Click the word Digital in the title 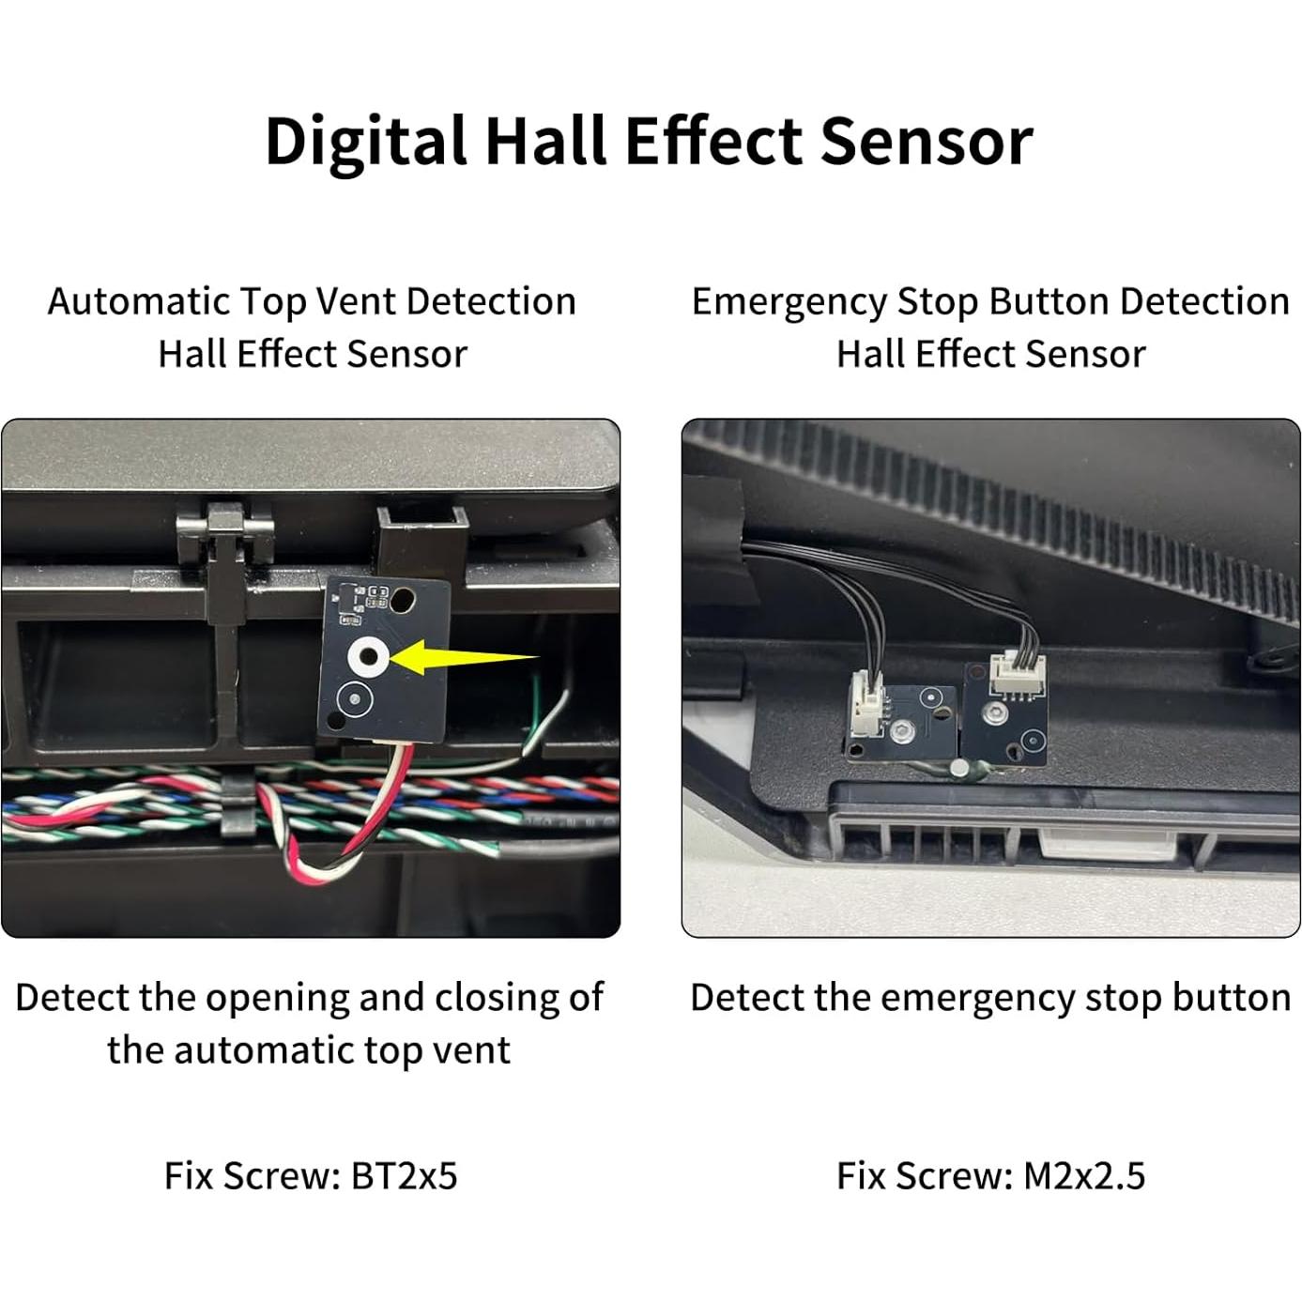365,141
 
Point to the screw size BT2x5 404,1175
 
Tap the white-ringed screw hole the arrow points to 366,658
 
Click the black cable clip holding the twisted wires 237,804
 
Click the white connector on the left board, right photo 866,706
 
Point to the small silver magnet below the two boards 960,769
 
